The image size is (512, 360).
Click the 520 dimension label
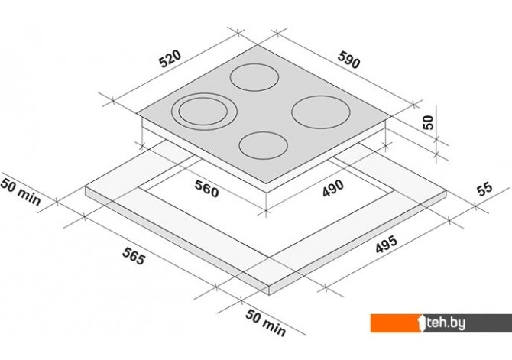(170, 59)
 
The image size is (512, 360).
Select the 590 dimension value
(348, 60)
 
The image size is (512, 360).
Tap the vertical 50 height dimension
(428, 122)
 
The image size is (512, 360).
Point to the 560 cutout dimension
(206, 189)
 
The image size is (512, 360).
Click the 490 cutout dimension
(333, 189)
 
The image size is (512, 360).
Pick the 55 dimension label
(484, 189)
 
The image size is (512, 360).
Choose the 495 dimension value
(386, 245)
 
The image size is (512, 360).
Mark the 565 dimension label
(134, 256)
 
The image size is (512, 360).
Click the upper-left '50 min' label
(21, 192)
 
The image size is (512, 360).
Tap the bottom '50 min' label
(265, 323)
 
